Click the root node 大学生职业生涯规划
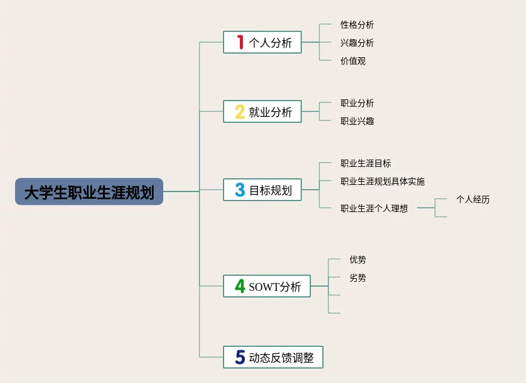coord(89,191)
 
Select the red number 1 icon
coord(240,42)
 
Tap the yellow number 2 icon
coord(240,111)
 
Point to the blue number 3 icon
coord(240,190)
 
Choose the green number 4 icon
coord(240,286)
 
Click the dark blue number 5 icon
coord(240,357)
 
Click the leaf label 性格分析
coord(357,25)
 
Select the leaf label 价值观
coord(352,61)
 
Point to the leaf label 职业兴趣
coord(357,121)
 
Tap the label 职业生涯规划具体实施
coord(382,181)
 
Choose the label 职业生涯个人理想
coord(374,208)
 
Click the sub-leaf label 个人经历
coord(472,199)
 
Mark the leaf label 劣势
coord(357,278)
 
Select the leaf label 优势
coord(357,260)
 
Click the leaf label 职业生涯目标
coord(365,163)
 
